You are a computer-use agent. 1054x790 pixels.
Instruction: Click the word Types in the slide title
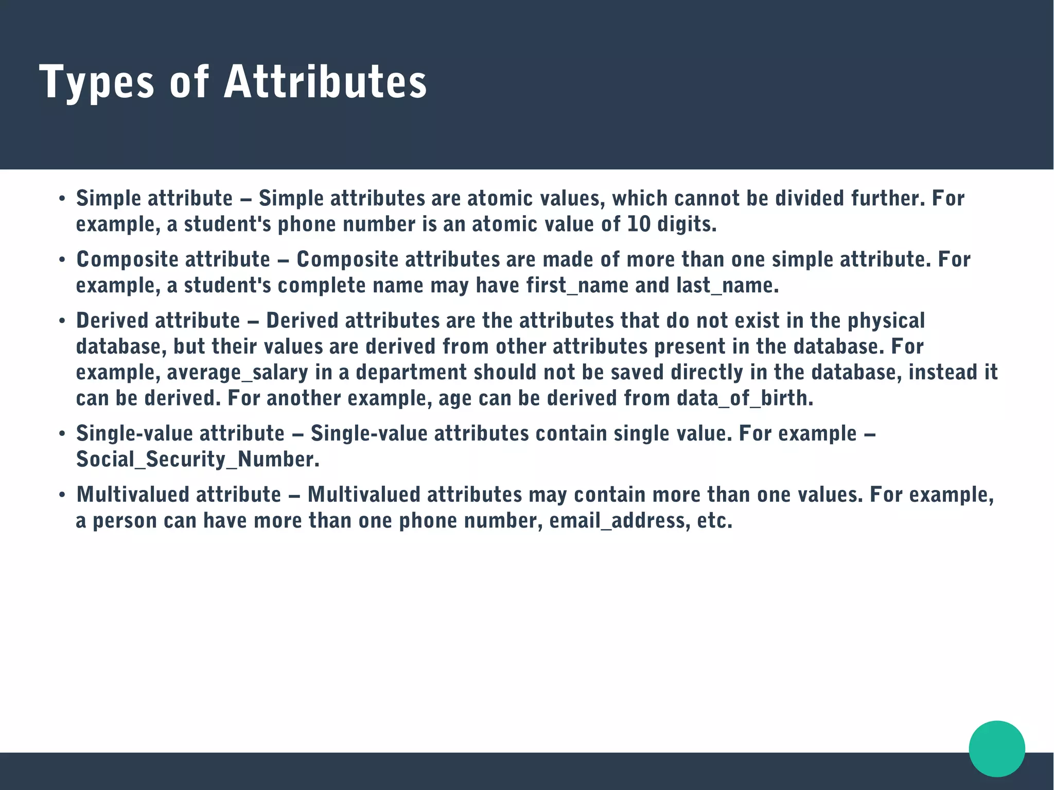pos(96,82)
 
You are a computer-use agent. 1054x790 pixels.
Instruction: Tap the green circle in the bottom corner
pos(996,748)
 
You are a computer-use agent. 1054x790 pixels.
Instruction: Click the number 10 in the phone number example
pos(639,224)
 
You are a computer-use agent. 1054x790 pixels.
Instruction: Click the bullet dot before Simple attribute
pos(62,199)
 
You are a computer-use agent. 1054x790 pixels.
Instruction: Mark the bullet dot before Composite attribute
pos(62,260)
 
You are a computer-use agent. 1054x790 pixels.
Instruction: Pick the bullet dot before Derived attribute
pos(62,322)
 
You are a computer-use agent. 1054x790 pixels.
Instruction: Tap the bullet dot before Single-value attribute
pos(62,434)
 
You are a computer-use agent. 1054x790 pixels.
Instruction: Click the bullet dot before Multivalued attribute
pos(62,496)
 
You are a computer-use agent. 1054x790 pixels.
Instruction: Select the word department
pos(411,372)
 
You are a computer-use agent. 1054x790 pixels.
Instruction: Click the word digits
pos(687,224)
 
